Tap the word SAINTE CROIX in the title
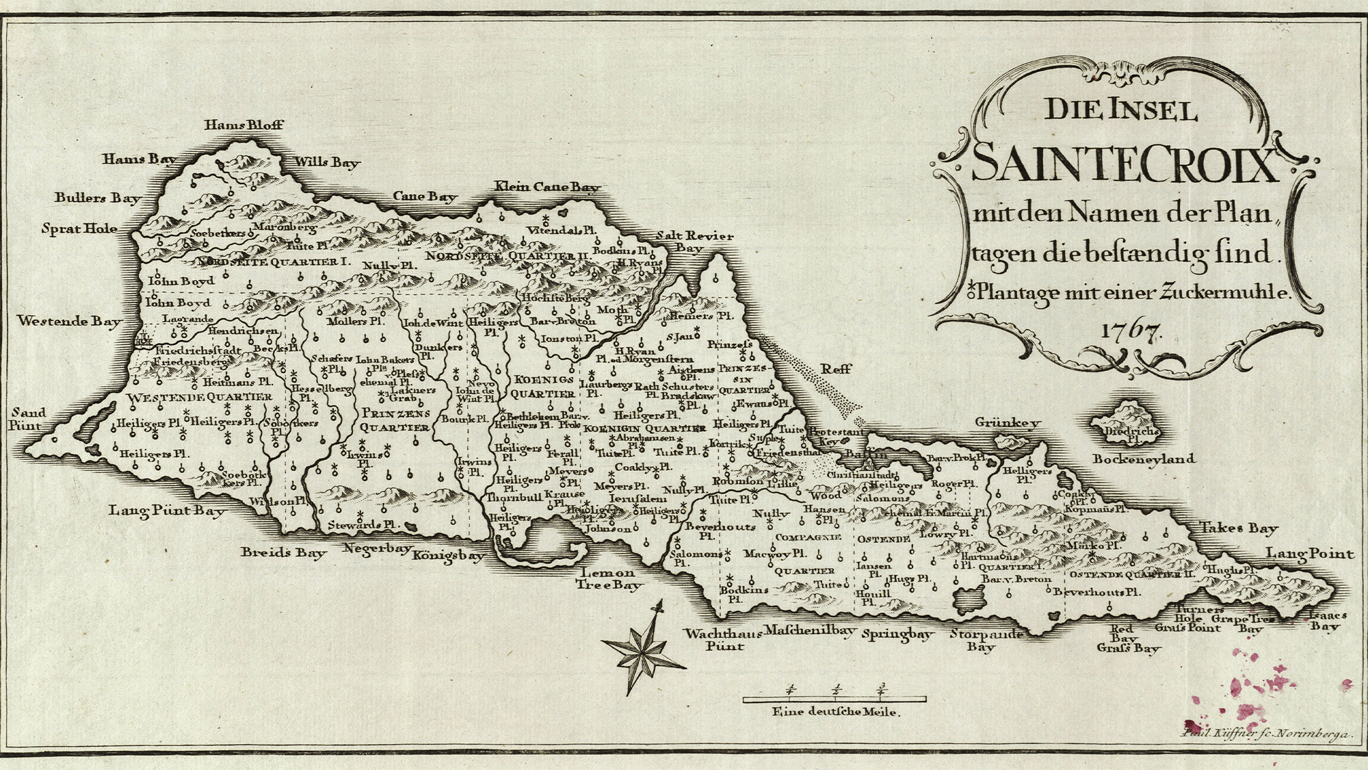click(x=1124, y=164)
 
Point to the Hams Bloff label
click(x=244, y=125)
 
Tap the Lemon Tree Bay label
click(x=608, y=579)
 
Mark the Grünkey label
click(x=1008, y=422)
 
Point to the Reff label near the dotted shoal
click(x=837, y=368)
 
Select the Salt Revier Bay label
click(x=694, y=242)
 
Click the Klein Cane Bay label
click(x=547, y=186)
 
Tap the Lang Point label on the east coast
click(x=1309, y=554)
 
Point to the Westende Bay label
click(x=69, y=320)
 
